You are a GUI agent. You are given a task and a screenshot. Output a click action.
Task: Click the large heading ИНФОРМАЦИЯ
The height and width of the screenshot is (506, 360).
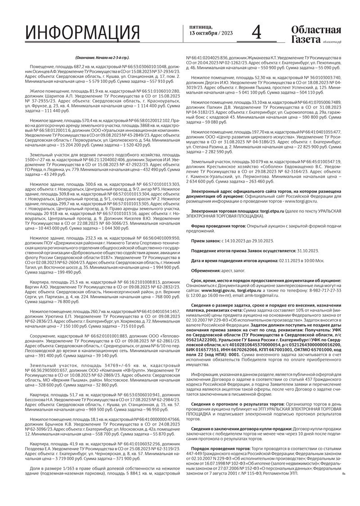tap(82, 34)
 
